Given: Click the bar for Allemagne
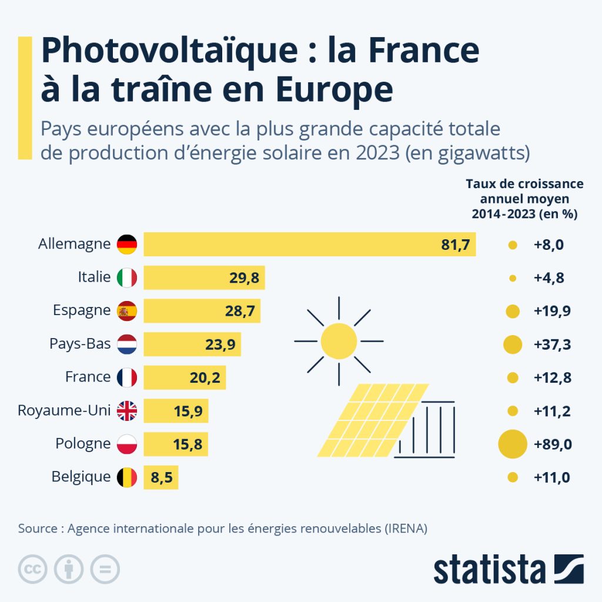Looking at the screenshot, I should point(310,244).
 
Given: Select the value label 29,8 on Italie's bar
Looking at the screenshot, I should point(244,277).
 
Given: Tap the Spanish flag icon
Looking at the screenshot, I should point(127,310).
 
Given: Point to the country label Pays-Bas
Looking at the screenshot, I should point(80,344).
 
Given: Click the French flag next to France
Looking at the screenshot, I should point(127,377).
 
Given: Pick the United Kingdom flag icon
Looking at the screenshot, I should point(127,410).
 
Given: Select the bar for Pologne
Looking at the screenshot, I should point(175,444).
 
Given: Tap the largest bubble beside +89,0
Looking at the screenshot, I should point(513,444).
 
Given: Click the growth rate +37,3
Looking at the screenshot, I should point(552,345).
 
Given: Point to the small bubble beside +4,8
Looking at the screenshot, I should point(512,278).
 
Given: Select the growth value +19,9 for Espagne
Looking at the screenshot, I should point(552,311).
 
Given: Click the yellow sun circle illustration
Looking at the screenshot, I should point(339,341).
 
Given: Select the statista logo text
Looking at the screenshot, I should point(489,570).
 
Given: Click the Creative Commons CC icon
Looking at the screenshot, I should point(33,569).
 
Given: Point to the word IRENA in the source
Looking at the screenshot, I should point(405,528).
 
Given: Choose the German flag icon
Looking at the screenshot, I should point(127,244).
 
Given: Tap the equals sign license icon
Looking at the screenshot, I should point(105,569).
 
